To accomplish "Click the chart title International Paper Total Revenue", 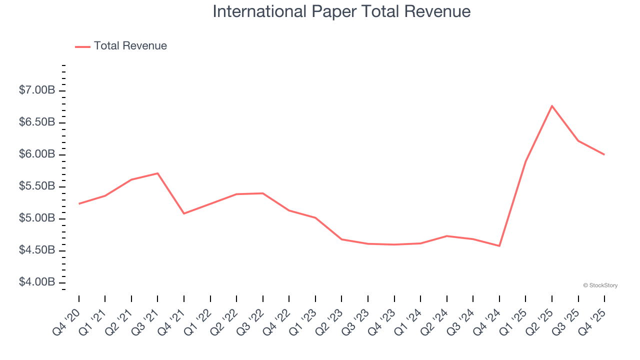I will (x=341, y=11).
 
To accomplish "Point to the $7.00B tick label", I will (x=36, y=90).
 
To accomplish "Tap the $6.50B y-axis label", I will (x=36, y=122).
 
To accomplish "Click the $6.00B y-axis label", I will (x=36, y=154).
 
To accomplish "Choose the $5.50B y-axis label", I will (x=36, y=186).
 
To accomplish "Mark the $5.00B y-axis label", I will (x=36, y=218).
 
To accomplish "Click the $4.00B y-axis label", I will (x=36, y=282).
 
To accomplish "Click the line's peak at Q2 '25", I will (x=552, y=105).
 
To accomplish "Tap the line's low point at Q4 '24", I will (x=499, y=246).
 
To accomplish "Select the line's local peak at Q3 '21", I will (x=157, y=173).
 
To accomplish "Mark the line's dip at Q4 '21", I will (x=184, y=213).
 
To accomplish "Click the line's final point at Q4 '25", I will (x=604, y=154).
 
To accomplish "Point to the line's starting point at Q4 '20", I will (x=79, y=203).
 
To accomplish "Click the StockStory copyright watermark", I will (x=600, y=285).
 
